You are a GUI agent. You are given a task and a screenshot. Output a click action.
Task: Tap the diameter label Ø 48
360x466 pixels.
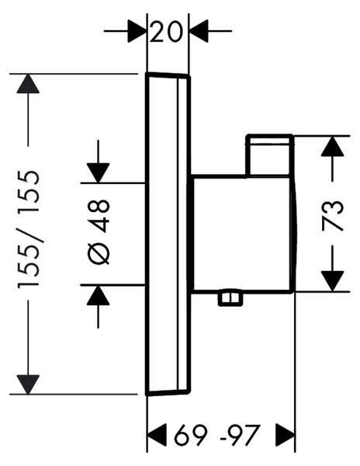99,232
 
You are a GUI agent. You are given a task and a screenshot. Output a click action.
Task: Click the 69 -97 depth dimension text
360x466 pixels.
217,436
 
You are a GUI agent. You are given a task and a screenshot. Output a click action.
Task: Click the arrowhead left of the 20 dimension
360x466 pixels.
137,30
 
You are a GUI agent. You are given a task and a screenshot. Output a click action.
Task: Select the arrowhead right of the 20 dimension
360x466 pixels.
199,30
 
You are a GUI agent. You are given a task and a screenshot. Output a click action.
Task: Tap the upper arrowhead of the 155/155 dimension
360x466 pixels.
28,84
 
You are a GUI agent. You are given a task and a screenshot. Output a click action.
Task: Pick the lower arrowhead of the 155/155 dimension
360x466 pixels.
28,384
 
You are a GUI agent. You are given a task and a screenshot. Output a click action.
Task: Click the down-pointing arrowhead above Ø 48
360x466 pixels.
99,173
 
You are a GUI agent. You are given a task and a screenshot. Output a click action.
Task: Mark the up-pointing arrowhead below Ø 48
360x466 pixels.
99,295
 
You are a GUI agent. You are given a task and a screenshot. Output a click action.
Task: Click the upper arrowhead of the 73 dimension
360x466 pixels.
332,146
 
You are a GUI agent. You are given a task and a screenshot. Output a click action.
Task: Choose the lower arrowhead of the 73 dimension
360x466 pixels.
332,281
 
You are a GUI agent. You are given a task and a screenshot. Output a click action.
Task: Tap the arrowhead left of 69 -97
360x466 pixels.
157,435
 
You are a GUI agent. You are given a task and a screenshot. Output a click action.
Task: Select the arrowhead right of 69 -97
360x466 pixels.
286,435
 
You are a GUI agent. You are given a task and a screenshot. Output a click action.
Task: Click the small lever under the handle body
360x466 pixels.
230,299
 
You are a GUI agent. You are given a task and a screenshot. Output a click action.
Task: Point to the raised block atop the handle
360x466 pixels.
269,156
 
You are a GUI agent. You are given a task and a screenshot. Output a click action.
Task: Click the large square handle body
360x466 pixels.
243,235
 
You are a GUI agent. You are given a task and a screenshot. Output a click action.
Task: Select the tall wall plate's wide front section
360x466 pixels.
161,235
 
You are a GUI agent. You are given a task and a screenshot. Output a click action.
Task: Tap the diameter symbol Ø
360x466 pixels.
99,254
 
